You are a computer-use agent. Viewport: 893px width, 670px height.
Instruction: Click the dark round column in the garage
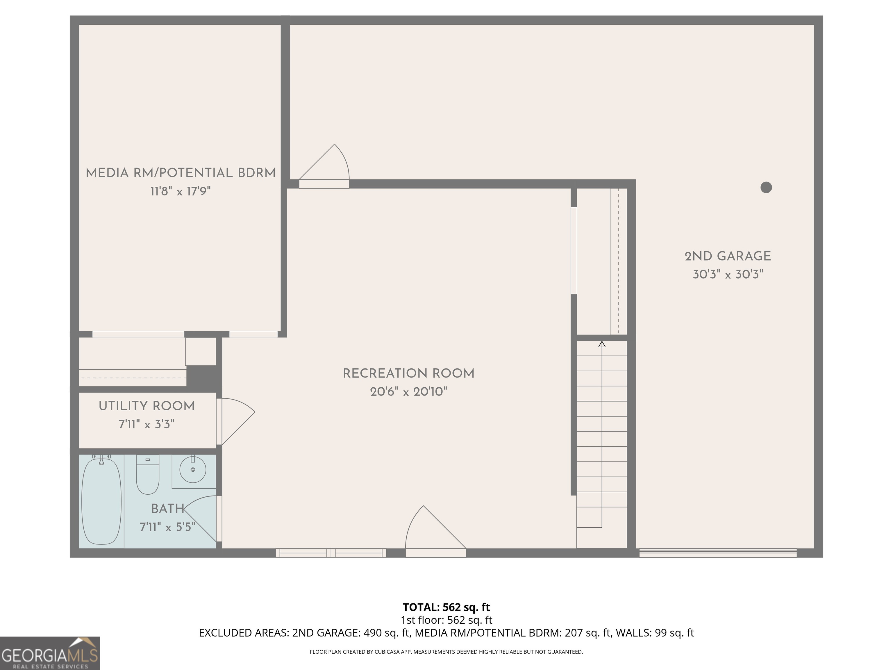point(766,187)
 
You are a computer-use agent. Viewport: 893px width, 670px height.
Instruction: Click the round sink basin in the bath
point(192,470)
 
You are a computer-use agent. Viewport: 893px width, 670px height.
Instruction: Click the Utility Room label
point(147,406)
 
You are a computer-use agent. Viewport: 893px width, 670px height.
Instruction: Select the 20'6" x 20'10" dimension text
point(408,392)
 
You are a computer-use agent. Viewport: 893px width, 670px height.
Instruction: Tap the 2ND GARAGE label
point(728,256)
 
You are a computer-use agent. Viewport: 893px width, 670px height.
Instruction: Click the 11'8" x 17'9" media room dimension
point(181,191)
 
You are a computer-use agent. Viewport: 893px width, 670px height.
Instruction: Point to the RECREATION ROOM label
point(408,374)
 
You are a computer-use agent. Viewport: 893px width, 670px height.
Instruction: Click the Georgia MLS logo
point(50,653)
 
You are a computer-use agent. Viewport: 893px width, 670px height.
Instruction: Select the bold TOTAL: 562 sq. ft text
point(446,607)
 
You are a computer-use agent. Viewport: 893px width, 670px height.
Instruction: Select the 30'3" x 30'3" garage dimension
point(728,275)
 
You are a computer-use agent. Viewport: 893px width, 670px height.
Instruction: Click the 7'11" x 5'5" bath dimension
point(167,527)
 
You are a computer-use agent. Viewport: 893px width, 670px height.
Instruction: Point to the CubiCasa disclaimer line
point(446,651)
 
